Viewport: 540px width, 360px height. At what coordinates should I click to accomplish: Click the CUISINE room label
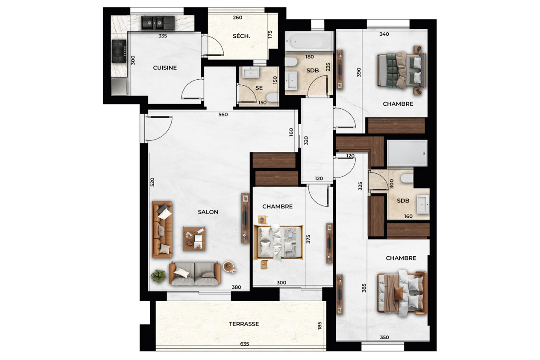[165, 68]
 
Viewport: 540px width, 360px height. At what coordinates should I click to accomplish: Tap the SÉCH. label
[241, 36]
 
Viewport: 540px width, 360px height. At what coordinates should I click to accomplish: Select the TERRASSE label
[244, 324]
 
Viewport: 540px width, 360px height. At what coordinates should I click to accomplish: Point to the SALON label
[208, 212]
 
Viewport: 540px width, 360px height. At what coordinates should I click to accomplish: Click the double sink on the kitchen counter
[158, 23]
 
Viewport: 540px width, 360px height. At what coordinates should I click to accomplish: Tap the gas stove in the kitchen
[119, 51]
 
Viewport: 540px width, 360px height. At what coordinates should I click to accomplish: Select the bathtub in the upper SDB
[309, 42]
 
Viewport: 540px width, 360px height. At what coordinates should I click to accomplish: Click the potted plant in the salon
[159, 276]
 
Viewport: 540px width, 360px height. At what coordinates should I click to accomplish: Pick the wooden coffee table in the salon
[194, 239]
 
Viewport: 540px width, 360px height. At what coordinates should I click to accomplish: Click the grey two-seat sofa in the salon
[194, 273]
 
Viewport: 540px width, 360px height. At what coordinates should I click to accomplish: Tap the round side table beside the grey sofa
[229, 267]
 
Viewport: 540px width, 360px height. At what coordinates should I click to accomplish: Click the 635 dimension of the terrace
[244, 344]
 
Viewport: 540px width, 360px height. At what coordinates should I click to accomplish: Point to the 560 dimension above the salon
[223, 115]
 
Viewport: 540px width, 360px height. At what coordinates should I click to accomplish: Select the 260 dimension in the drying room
[238, 18]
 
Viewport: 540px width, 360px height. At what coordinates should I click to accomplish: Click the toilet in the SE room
[272, 98]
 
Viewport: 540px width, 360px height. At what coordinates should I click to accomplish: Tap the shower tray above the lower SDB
[407, 153]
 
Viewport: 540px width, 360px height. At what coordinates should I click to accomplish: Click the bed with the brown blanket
[401, 293]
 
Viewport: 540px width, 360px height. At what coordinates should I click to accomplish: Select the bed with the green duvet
[401, 70]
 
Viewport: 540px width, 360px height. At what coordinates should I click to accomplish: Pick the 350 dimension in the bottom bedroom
[384, 337]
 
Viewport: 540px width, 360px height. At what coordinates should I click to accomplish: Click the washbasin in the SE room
[251, 73]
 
